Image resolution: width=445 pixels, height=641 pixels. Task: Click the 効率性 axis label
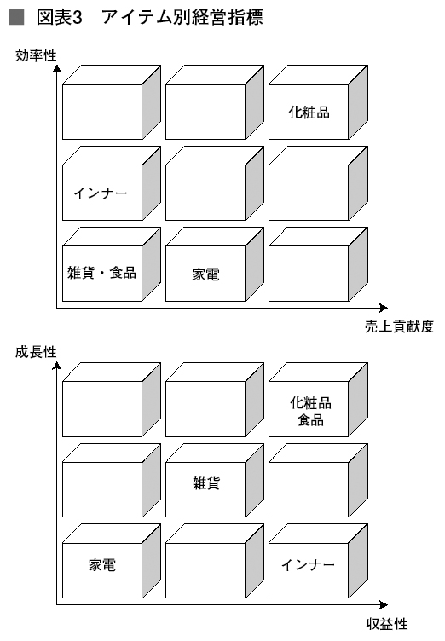36,55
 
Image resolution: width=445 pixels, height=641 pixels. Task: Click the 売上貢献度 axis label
399,326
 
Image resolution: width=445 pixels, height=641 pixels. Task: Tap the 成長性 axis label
36,352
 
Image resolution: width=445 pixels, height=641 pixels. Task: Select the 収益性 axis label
387,624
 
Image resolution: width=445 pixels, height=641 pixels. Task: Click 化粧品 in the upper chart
309,112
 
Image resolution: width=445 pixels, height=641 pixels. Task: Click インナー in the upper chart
101,193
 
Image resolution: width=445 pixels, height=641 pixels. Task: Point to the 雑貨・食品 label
101,272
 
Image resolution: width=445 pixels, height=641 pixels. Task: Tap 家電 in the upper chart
205,274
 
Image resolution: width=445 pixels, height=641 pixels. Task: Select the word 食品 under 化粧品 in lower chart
311,420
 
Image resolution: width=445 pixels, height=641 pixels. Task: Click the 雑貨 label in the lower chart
206,483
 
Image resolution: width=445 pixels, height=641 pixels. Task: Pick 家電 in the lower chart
102,565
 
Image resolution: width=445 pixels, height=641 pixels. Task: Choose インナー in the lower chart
308,565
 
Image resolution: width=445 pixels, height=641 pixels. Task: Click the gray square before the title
16,17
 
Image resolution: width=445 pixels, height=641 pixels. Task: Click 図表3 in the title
60,17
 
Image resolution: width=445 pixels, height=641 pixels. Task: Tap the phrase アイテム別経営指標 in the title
182,17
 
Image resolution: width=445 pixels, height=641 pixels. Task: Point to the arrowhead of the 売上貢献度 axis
384,308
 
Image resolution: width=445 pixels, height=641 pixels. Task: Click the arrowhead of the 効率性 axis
57,68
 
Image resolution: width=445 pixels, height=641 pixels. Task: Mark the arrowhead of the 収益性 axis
384,604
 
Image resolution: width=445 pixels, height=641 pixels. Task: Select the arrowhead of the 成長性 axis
57,365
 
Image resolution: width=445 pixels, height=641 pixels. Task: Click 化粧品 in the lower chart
311,403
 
